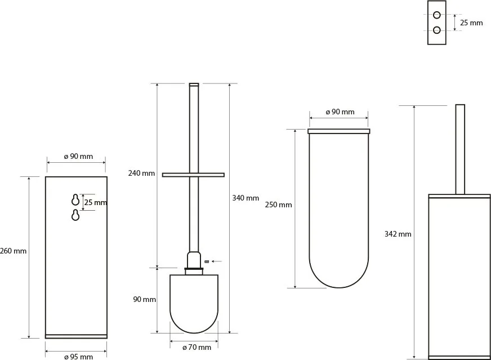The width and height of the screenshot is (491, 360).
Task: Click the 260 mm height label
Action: pos(13,251)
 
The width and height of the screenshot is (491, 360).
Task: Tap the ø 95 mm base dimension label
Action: pos(78,357)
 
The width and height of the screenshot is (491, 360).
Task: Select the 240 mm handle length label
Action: pos(141,173)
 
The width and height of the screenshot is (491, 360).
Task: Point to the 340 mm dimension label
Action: pos(245,198)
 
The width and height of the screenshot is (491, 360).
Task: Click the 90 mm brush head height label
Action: pos(144,300)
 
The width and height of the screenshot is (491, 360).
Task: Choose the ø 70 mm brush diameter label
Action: pos(197,347)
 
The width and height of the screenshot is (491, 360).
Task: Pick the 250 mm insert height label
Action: pos(278,205)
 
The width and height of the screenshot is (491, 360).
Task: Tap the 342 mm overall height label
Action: pos(398,234)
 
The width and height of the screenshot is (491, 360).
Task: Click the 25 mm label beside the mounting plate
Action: pos(471,23)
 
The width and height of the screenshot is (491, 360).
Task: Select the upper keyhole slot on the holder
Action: pos(75,199)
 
